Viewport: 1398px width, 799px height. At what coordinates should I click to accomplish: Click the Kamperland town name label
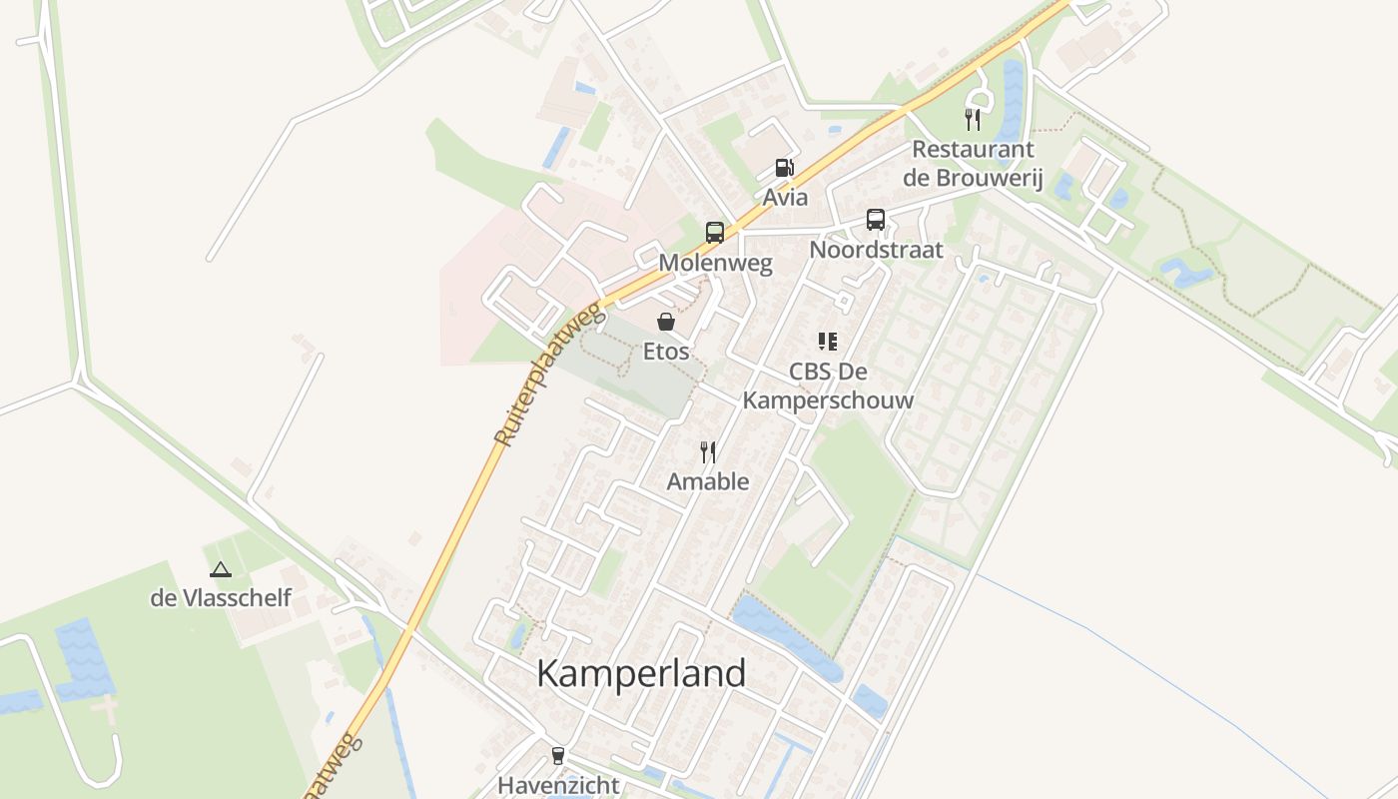(x=641, y=674)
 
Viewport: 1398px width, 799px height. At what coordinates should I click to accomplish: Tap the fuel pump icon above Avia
(x=785, y=169)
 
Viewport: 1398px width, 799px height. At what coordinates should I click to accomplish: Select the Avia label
(x=786, y=197)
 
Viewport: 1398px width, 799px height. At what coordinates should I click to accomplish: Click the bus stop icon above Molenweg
(x=715, y=233)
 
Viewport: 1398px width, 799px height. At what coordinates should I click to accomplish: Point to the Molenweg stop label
(x=716, y=264)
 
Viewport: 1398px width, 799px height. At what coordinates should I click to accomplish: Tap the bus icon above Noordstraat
(x=876, y=220)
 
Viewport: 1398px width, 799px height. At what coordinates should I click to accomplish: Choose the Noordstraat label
(x=876, y=250)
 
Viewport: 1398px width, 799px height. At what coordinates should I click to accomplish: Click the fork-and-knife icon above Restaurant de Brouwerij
(x=973, y=120)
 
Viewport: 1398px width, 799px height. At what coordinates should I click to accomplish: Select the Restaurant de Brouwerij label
(x=973, y=164)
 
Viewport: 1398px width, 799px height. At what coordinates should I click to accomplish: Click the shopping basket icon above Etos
(x=666, y=322)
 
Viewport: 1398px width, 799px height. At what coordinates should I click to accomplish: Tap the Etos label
(x=666, y=352)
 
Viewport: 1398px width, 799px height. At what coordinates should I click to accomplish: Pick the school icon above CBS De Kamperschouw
(x=827, y=343)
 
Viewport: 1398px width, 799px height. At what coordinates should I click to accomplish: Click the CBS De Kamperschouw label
(x=827, y=386)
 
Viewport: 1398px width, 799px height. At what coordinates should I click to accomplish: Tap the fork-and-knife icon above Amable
(x=708, y=452)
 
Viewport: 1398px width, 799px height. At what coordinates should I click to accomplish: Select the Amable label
(x=708, y=481)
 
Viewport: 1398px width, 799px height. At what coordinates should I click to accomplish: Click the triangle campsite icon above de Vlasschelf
(x=221, y=569)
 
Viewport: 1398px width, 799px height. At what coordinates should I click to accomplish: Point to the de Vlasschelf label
(x=221, y=598)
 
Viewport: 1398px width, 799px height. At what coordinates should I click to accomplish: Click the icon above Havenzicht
(x=558, y=756)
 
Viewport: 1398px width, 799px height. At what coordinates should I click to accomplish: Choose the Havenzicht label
(x=558, y=785)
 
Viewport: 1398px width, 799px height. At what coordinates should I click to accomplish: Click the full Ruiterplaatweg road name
(x=550, y=376)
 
